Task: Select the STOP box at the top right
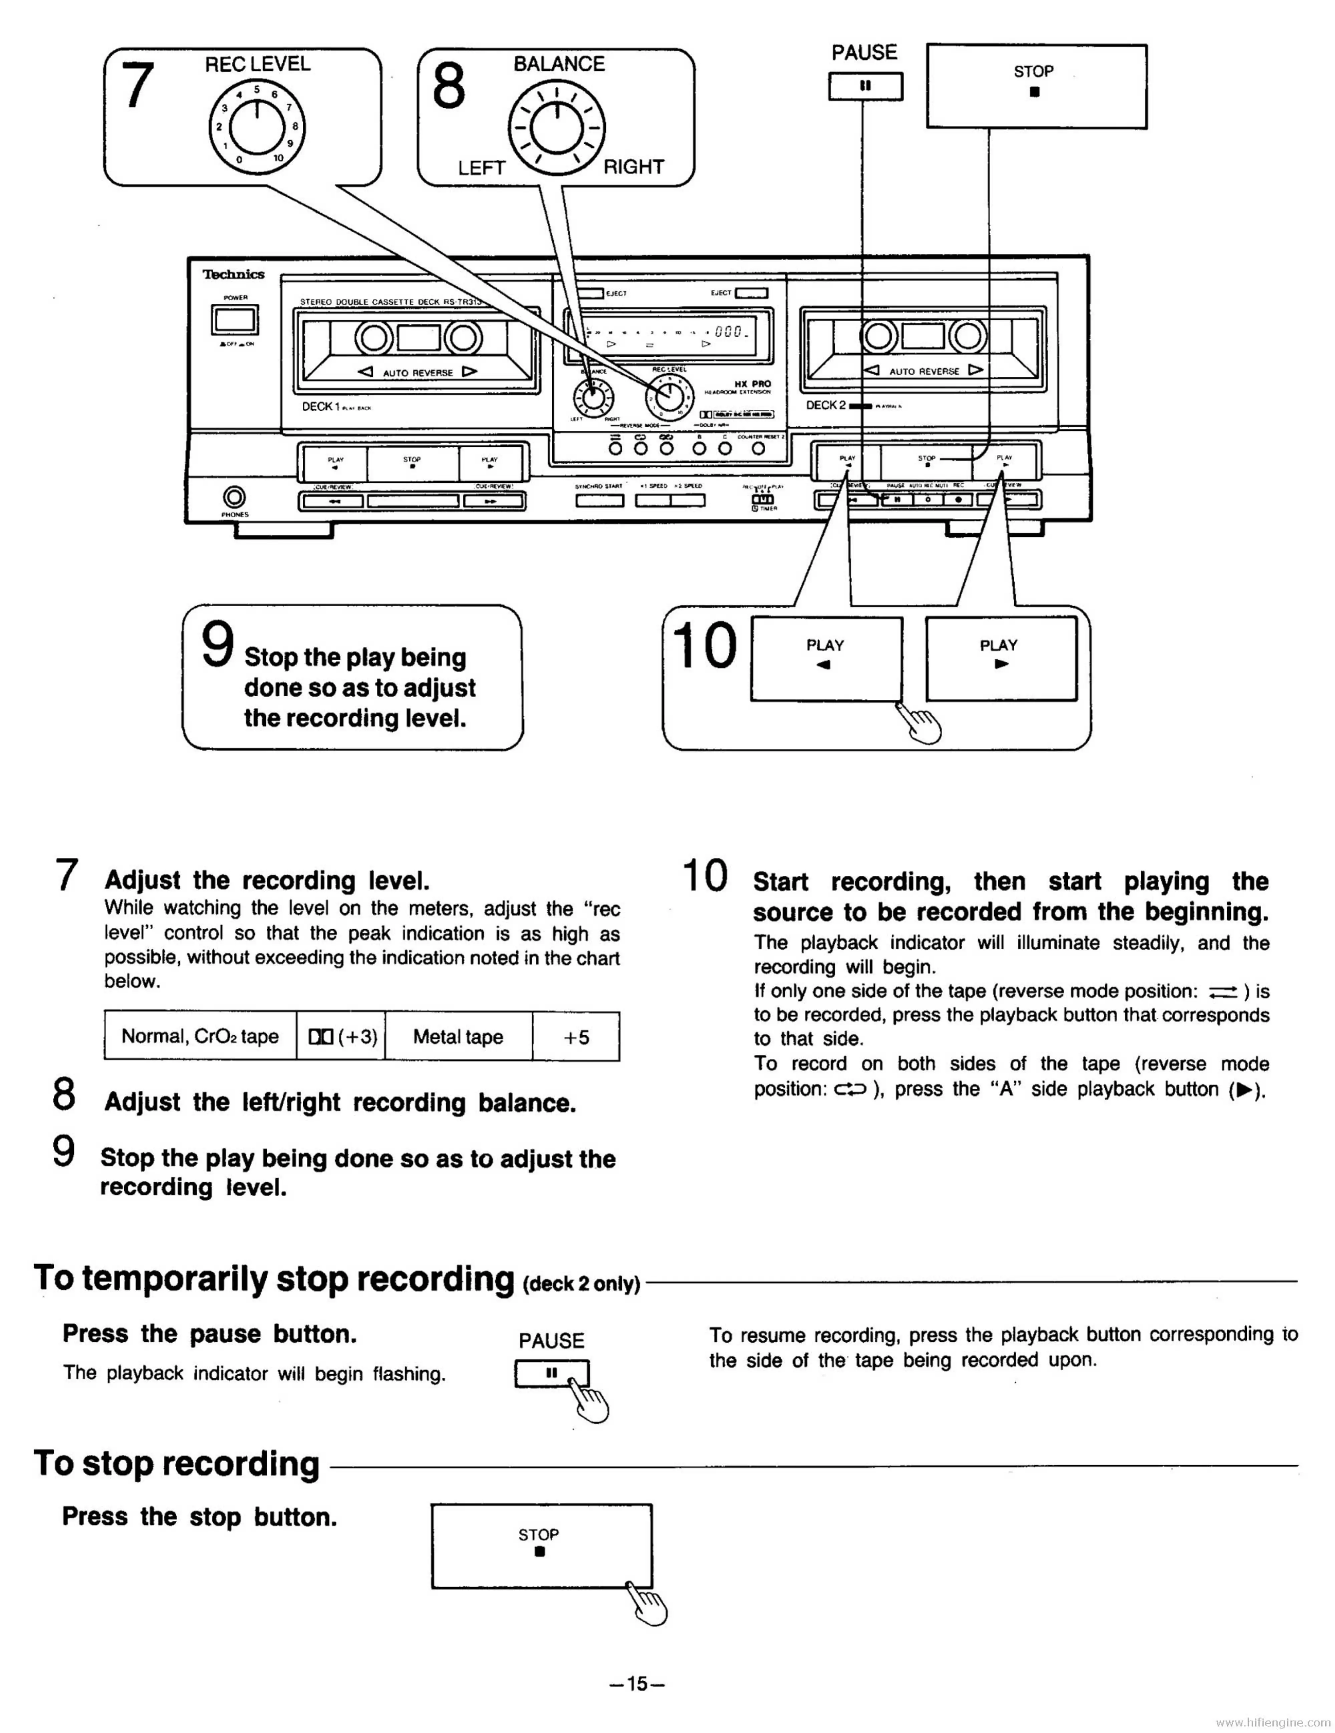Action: pyautogui.click(x=1036, y=86)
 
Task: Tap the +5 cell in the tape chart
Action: pyautogui.click(x=576, y=1036)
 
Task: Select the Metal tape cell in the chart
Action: pyautogui.click(x=458, y=1036)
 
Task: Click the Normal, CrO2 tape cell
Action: pyautogui.click(x=200, y=1036)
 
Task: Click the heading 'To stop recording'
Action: pyautogui.click(x=176, y=1464)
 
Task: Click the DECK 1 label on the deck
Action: pyautogui.click(x=321, y=406)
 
